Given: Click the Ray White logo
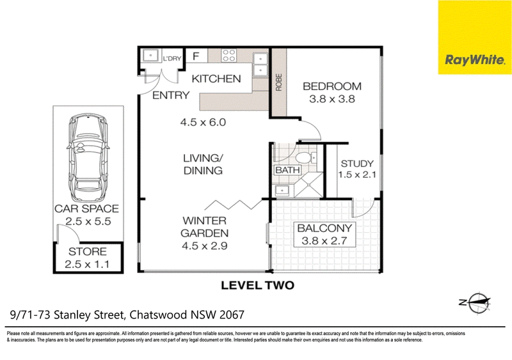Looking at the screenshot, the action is click(475, 37).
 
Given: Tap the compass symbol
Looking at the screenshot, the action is click(476, 302).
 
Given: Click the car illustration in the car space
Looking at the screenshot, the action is click(88, 157).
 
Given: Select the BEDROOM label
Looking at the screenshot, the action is click(332, 86).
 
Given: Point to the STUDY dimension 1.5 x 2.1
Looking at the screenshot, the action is click(357, 175).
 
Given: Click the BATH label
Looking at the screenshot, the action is click(287, 170).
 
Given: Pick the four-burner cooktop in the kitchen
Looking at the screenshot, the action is click(228, 56).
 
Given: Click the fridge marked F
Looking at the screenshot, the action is click(196, 56).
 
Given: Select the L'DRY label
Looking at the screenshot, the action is click(172, 59).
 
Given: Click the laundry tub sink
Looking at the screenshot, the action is click(151, 56).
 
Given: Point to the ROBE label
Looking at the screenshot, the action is click(278, 82).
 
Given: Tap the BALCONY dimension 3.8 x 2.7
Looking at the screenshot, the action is click(324, 241).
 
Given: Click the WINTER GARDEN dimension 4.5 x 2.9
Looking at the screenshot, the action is click(204, 246).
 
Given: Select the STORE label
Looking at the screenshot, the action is click(88, 251).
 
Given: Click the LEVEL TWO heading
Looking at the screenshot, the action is click(258, 286).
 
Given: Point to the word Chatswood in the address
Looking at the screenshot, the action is click(158, 315).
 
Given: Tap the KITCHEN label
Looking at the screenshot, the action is click(216, 79).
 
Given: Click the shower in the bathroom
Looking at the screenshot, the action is click(308, 185).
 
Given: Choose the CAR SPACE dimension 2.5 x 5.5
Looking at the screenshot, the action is click(88, 221).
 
